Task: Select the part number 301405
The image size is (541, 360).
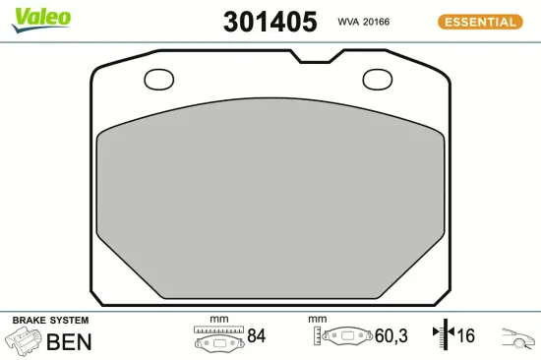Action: coord(270,21)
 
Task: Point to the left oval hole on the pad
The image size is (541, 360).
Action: coord(158,80)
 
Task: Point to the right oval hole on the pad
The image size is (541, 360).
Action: coord(377,80)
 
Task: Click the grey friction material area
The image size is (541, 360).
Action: coord(268,197)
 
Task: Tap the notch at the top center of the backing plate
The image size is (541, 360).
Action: coord(314,57)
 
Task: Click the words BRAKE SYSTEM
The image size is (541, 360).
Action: coord(50,321)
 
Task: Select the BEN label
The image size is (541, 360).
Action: coord(69,341)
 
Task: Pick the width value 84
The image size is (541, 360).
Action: coord(256,336)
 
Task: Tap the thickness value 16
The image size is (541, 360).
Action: coord(465,336)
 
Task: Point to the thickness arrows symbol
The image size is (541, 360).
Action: coord(442,335)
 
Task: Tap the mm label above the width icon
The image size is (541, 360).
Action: coord(218,319)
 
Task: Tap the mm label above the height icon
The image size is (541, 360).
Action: coord(317,319)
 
